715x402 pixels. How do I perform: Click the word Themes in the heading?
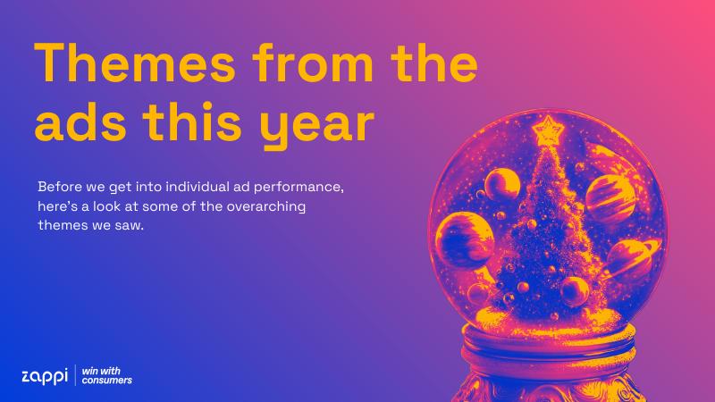tap(135, 63)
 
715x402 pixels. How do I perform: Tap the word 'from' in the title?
tap(313, 63)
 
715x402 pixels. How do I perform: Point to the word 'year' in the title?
tap(317, 127)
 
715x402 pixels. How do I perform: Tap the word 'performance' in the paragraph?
tap(298, 188)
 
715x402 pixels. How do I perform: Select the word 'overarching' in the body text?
tap(265, 207)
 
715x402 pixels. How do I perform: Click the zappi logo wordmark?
tap(45, 376)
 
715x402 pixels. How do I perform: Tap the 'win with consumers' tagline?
tap(106, 375)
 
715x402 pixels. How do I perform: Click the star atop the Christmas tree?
tap(548, 130)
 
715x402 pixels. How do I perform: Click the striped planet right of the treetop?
tap(610, 198)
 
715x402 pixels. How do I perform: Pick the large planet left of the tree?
tap(465, 239)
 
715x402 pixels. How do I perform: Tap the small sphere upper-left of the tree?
tap(502, 184)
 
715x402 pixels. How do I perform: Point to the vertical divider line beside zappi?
tap(75, 375)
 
